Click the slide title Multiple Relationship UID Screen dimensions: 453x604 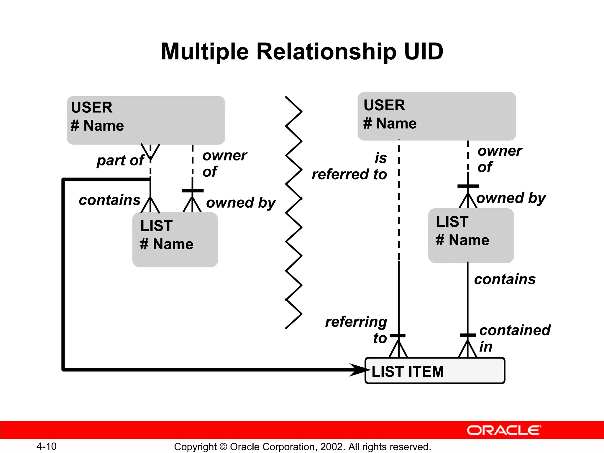302,52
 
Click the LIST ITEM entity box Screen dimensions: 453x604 435,371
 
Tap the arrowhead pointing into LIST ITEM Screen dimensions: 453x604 359,370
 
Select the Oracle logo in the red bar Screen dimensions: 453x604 504,430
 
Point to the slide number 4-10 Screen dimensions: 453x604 46,446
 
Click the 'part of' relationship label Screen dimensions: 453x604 120,160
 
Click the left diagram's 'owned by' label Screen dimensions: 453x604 241,203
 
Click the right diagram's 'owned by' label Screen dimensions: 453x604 511,198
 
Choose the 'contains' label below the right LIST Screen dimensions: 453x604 505,279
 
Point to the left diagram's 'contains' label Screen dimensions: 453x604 109,200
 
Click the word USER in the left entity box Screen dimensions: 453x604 92,107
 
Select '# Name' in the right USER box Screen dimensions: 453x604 390,123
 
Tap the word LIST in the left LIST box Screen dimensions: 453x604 156,226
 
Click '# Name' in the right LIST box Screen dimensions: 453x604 462,240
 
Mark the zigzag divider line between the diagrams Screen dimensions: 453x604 294,212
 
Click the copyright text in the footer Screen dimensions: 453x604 302,447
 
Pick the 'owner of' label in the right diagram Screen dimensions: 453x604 499,159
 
